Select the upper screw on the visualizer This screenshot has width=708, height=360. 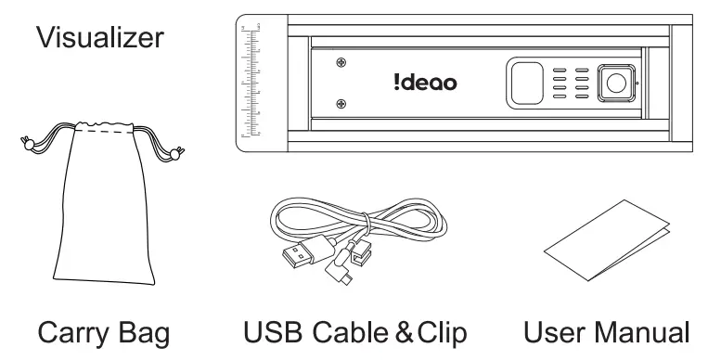[342, 63]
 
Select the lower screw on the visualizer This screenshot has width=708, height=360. [342, 104]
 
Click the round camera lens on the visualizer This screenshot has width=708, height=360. [614, 84]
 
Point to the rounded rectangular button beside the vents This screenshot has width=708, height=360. [523, 84]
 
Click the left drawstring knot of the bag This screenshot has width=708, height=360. [28, 143]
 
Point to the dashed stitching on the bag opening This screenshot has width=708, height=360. [103, 133]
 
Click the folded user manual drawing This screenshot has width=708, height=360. [607, 247]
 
